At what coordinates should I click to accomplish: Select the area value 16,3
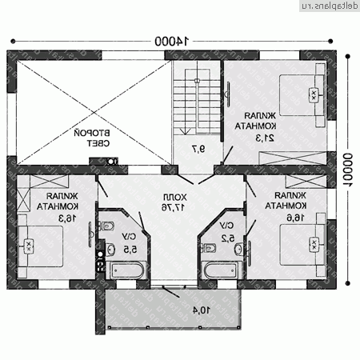[x=50, y=217]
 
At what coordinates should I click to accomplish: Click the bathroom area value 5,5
[x=128, y=248]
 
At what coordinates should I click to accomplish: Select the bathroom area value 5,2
[x=227, y=238]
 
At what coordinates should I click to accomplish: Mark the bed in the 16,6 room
[x=303, y=245]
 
